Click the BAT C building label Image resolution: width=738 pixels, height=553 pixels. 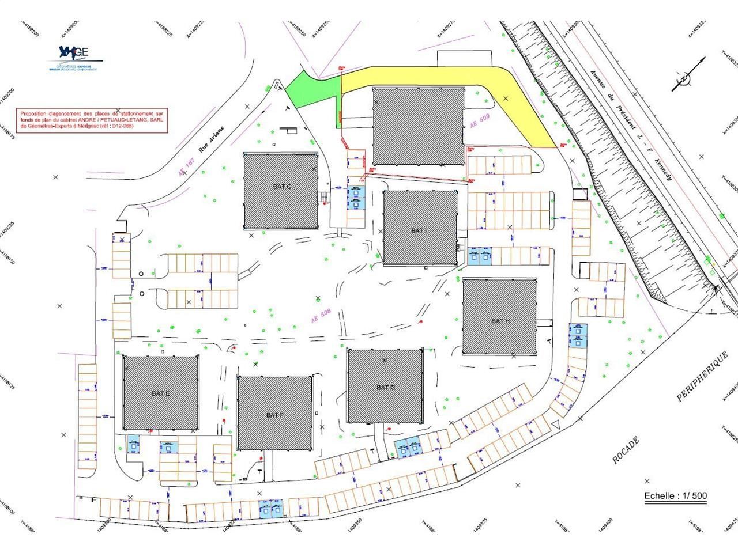coord(281,187)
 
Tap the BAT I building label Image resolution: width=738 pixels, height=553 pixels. coord(419,230)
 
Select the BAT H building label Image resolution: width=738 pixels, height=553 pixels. coord(500,321)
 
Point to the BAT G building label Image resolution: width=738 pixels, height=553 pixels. coord(386,388)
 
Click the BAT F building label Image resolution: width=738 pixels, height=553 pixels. coord(275,415)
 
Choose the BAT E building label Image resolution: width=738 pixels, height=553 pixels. coord(160,393)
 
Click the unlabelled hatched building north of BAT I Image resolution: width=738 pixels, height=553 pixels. coord(418,126)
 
